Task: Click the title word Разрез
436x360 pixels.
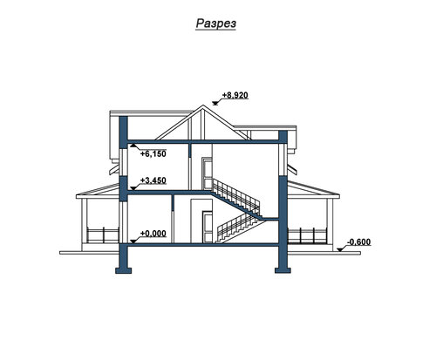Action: point(216,24)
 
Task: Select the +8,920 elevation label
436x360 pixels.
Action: point(235,95)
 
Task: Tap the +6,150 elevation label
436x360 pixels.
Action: point(153,154)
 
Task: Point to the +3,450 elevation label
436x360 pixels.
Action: point(153,180)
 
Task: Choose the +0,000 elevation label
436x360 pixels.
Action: point(153,234)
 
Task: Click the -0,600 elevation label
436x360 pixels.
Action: point(359,242)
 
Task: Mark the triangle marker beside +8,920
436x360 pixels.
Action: point(215,103)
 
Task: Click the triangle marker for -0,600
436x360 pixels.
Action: point(340,249)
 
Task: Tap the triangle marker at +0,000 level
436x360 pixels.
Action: point(133,241)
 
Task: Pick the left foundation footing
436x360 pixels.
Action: point(124,270)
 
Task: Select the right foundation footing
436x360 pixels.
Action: point(283,270)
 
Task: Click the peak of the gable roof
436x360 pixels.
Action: point(203,105)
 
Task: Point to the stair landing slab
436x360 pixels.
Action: point(269,219)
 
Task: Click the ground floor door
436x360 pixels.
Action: point(208,227)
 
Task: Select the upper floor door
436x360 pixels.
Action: point(208,173)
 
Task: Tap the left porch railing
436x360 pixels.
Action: point(103,234)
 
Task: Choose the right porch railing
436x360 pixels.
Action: point(307,234)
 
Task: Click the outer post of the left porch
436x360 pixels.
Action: point(85,221)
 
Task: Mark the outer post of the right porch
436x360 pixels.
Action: point(330,221)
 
